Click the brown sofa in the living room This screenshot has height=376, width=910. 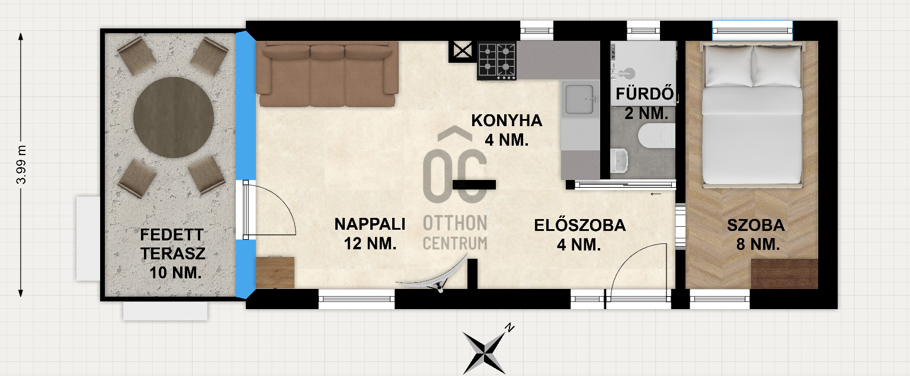coord(327,74)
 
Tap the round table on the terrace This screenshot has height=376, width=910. coord(174,117)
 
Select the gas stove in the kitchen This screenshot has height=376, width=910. coord(497,60)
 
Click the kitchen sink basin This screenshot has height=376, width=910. coord(580,99)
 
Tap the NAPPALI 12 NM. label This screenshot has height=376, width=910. coord(370,234)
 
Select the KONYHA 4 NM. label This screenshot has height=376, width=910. coord(507,130)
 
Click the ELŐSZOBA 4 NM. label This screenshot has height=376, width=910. coord(580,235)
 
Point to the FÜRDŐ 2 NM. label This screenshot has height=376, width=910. coord(645,104)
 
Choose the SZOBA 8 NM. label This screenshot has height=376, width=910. coord(756,234)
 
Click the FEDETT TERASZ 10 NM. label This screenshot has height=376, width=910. coord(173,254)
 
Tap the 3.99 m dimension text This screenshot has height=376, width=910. coord(21,165)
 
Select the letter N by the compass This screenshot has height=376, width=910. coord(510,327)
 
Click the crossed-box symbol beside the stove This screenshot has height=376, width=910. coord(463,51)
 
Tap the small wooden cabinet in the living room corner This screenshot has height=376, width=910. coord(275,272)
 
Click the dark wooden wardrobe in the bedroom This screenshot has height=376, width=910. coord(784,274)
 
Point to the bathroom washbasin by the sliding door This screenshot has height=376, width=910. coord(619,161)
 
